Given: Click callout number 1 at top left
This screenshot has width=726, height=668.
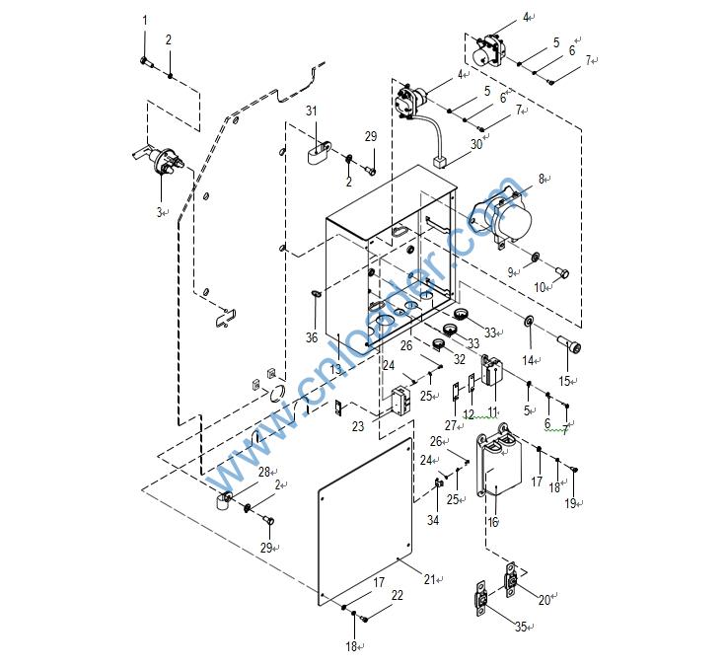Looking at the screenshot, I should [x=144, y=20].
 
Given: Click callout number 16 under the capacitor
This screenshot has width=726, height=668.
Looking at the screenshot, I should [x=492, y=522].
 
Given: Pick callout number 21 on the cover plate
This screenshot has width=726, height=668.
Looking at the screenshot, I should [x=428, y=580].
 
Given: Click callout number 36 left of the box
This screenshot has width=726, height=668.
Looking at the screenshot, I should [x=312, y=337].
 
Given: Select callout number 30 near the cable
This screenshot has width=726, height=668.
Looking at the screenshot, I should [x=475, y=144].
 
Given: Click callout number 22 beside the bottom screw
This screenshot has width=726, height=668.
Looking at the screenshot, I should [x=397, y=595].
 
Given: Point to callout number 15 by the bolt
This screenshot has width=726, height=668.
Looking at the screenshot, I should [x=564, y=381].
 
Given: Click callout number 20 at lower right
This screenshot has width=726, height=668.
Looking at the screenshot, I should [x=544, y=599].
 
